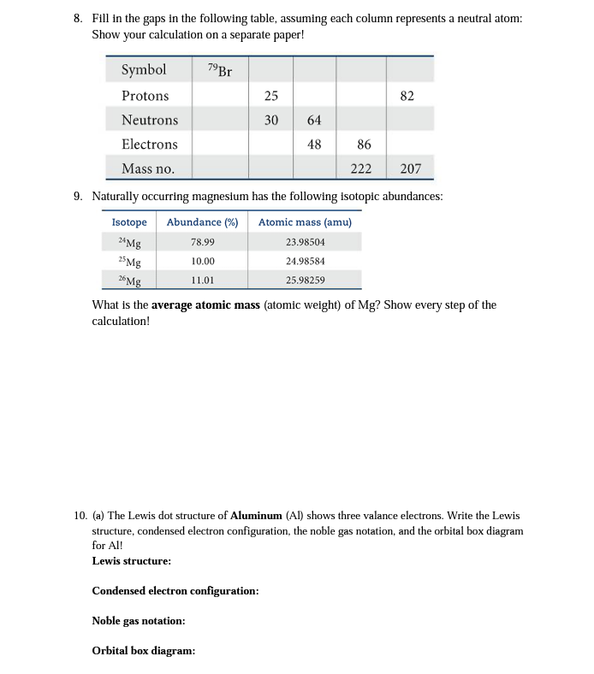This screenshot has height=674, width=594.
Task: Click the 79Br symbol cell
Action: (x=220, y=70)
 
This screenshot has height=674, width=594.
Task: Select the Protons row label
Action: (x=146, y=96)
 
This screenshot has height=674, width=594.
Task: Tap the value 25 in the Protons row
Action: (x=271, y=96)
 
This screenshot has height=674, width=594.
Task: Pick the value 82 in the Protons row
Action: (x=407, y=96)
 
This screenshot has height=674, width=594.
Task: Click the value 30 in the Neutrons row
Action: (x=271, y=120)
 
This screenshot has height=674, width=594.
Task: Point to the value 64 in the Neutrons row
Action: (x=314, y=120)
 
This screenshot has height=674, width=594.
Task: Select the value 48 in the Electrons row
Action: (x=314, y=144)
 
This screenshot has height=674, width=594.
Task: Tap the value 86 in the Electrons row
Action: (x=364, y=144)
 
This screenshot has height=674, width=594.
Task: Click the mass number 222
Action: (x=362, y=168)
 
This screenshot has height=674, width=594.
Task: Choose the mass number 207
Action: (x=411, y=168)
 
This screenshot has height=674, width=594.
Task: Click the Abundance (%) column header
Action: (x=202, y=222)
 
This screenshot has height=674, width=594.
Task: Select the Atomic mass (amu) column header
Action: (x=305, y=222)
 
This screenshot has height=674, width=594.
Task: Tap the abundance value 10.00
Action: (x=203, y=261)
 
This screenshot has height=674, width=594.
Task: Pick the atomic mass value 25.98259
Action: (x=306, y=280)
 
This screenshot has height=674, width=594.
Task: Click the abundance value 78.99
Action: (x=203, y=243)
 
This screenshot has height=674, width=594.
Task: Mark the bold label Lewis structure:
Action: (x=131, y=561)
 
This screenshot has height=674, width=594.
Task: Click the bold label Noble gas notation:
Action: (x=139, y=621)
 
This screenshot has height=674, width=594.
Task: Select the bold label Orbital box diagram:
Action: (x=143, y=651)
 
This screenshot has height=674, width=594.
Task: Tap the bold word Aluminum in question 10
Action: (x=256, y=516)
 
